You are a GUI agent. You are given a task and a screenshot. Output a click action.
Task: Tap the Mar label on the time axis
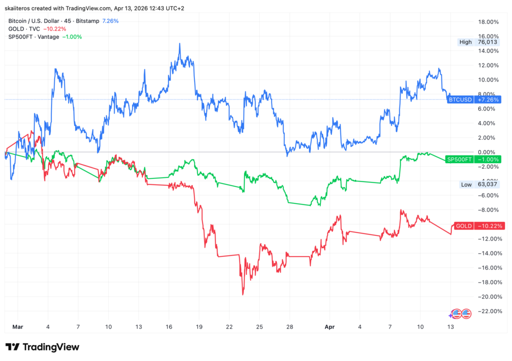click(17, 326)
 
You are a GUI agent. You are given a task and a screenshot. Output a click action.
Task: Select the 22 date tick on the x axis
click(229, 326)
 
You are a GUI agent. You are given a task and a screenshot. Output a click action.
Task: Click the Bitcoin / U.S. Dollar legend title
click(39, 21)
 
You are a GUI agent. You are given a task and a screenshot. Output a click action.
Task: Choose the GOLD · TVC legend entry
click(24, 29)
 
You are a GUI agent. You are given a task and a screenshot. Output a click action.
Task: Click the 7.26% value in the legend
click(110, 21)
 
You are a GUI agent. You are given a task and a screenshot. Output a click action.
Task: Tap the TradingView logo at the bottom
click(42, 347)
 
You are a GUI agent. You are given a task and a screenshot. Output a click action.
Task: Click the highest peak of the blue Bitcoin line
click(179, 43)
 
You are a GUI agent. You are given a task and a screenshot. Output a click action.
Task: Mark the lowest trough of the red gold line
click(243, 294)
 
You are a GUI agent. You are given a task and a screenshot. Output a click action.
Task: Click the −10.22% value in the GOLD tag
click(490, 226)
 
